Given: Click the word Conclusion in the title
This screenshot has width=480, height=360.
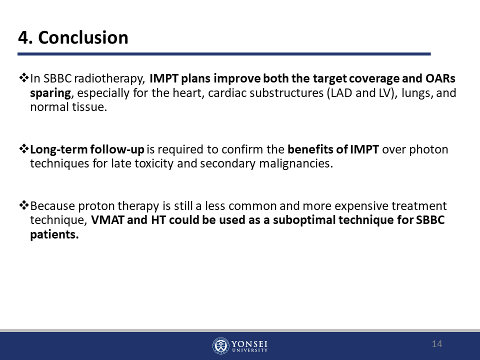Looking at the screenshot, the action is (x=83, y=37).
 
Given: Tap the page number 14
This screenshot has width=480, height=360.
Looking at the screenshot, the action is (x=437, y=344).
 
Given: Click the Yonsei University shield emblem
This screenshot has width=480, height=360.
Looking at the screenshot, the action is (x=220, y=346).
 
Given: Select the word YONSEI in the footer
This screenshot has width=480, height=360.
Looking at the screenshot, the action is (x=249, y=344).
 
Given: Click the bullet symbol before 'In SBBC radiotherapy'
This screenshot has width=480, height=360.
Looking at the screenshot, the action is (x=24, y=78).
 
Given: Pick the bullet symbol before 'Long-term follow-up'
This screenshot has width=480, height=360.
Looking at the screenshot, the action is (x=24, y=149).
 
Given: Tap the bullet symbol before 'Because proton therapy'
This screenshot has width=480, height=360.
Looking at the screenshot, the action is (x=24, y=205).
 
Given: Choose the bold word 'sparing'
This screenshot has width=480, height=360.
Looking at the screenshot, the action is (x=50, y=93).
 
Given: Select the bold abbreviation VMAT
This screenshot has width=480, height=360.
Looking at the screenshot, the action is (x=108, y=220).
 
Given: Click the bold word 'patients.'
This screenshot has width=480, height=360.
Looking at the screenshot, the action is (x=54, y=234).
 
